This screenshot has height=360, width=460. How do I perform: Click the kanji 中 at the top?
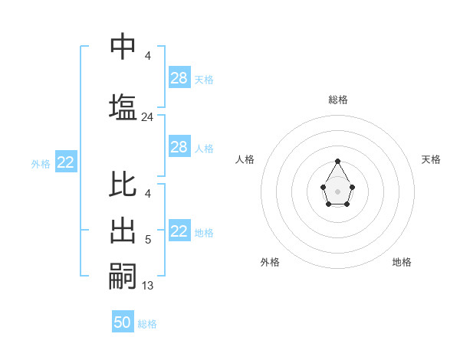point(123,47)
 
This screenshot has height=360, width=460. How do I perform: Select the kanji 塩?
point(123,107)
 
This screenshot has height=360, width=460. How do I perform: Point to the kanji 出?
point(123,231)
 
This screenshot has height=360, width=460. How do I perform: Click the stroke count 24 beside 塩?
point(147,117)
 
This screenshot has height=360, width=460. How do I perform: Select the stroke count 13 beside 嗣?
point(147,286)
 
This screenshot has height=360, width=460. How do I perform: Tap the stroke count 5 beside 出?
point(147,241)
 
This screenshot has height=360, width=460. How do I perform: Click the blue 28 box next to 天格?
point(179,78)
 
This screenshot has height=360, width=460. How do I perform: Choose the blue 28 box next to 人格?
point(179,147)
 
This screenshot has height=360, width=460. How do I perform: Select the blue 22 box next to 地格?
point(179,231)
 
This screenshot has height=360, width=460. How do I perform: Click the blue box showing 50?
point(123,322)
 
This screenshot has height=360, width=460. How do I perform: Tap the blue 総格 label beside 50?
point(147,324)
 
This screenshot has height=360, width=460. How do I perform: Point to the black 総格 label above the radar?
point(337,100)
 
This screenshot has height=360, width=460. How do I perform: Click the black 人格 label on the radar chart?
point(245,159)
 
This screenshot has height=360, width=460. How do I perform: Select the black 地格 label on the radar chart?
point(402,262)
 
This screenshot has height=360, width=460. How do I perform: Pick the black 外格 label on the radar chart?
point(270,262)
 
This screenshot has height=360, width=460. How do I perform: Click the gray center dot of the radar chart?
point(337,191)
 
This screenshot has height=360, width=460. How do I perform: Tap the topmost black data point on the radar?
point(337,161)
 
